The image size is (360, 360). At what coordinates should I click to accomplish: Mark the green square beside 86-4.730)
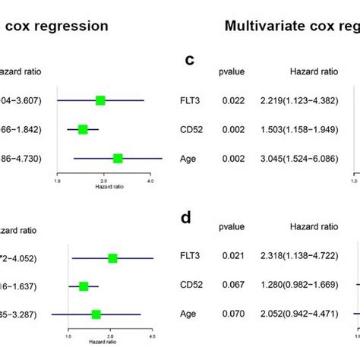118,158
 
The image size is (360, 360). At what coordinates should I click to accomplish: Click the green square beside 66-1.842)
83,130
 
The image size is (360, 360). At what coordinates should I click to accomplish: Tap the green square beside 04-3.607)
100,99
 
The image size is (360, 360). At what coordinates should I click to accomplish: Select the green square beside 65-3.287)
96,314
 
